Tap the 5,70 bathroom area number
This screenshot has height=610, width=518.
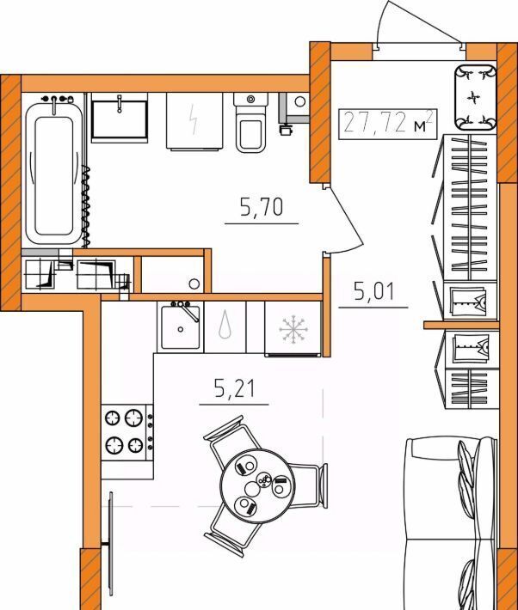262,207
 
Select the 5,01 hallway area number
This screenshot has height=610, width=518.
374,291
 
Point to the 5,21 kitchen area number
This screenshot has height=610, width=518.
235,388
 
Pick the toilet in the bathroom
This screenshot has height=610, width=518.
250,122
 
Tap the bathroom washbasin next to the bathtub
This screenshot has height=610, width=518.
120,118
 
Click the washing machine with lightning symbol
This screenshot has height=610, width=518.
194,121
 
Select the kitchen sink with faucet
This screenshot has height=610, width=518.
180,327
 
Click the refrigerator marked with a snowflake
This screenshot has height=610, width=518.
293,329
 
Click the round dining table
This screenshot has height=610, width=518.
257,485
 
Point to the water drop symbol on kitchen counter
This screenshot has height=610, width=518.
225,323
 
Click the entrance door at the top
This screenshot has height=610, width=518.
418,23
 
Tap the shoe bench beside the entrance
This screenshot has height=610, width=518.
476,97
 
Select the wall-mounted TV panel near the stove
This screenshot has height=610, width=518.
111,544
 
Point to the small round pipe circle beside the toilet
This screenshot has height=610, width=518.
299,102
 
